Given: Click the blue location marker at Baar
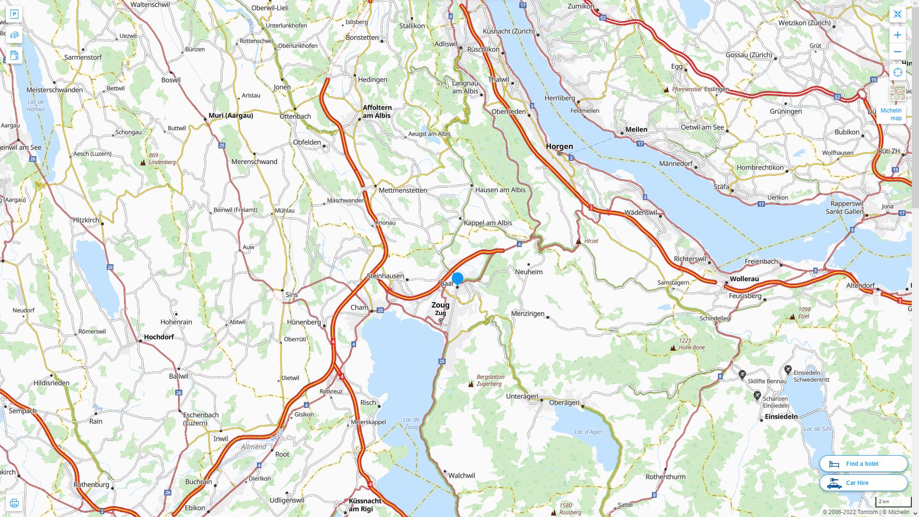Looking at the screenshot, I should [x=458, y=278].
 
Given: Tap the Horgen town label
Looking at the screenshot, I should [x=559, y=146].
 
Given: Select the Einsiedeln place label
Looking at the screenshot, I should [x=781, y=416].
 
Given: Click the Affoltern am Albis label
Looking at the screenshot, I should [x=377, y=112].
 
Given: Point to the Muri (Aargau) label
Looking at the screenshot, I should [x=231, y=115].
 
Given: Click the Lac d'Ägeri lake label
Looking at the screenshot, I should [x=588, y=432].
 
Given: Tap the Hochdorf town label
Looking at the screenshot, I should [x=158, y=337].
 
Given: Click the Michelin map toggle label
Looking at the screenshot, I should [x=891, y=114].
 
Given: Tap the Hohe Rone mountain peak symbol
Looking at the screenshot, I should [x=673, y=348].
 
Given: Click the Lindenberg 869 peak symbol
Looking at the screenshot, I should [x=143, y=162].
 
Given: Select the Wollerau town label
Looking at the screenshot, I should [x=744, y=279].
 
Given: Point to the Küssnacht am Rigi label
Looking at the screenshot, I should [x=365, y=505].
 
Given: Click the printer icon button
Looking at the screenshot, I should [x=14, y=503].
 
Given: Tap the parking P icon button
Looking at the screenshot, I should [x=14, y=14].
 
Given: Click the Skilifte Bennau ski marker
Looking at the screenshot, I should [x=742, y=375].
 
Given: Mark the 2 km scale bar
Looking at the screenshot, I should [x=893, y=502].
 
